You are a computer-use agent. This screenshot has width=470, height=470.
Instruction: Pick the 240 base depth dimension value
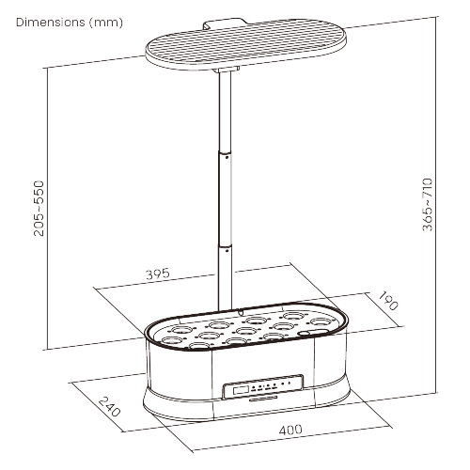pyautogui.click(x=111, y=407)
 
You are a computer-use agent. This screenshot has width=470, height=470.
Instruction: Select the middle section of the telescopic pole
pyautogui.click(x=226, y=197)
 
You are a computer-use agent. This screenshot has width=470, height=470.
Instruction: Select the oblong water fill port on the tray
pyautogui.click(x=307, y=332)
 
